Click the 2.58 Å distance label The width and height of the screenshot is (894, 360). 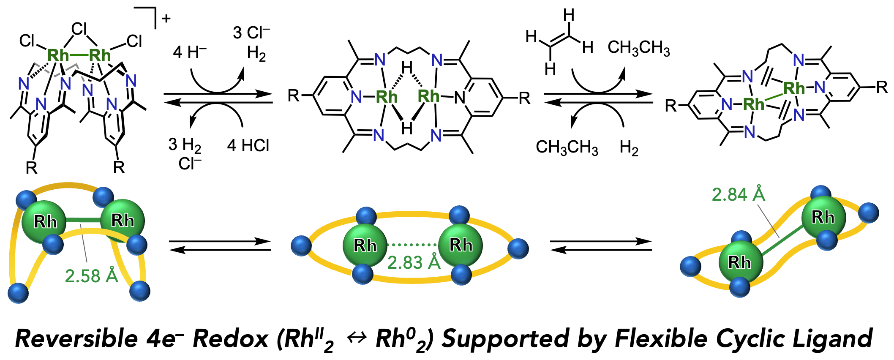click(91, 276)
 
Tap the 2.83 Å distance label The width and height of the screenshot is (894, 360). click(414, 262)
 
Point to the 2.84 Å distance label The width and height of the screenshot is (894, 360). click(738, 194)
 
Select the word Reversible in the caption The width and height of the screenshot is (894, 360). click(76, 339)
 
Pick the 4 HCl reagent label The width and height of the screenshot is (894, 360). click(248, 145)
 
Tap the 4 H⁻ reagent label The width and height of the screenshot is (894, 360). click(190, 52)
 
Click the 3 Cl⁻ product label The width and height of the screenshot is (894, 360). click(251, 33)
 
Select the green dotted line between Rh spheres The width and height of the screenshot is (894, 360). click(412, 244)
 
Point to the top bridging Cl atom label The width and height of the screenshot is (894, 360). click(79, 29)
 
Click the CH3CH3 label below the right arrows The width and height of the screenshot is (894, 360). click(567, 147)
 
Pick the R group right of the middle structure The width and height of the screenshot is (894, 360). click(524, 98)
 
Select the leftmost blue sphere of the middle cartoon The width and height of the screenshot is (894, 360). click(302, 245)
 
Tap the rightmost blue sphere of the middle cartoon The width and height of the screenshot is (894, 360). click(518, 248)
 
